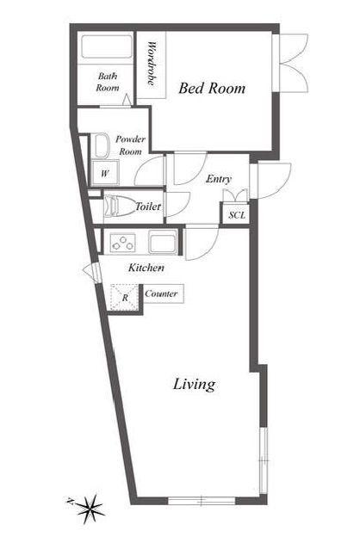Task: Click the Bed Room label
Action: [x=212, y=88]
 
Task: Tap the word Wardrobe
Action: [x=152, y=64]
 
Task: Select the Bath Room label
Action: [x=108, y=82]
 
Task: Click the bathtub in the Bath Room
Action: [x=107, y=46]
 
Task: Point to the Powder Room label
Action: [x=130, y=145]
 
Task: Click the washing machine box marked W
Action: [x=105, y=173]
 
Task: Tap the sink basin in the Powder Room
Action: [x=101, y=145]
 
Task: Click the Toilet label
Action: [x=148, y=207]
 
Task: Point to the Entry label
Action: [x=219, y=179]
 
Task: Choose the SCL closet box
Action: [x=237, y=215]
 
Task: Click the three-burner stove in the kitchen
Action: [x=122, y=243]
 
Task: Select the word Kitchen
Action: [x=146, y=268]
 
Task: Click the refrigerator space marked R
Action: [x=125, y=298]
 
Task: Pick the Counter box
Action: [x=163, y=293]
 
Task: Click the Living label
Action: [x=194, y=385]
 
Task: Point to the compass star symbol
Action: [x=90, y=509]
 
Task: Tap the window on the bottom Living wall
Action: [x=202, y=501]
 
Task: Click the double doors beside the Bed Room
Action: [x=293, y=63]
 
